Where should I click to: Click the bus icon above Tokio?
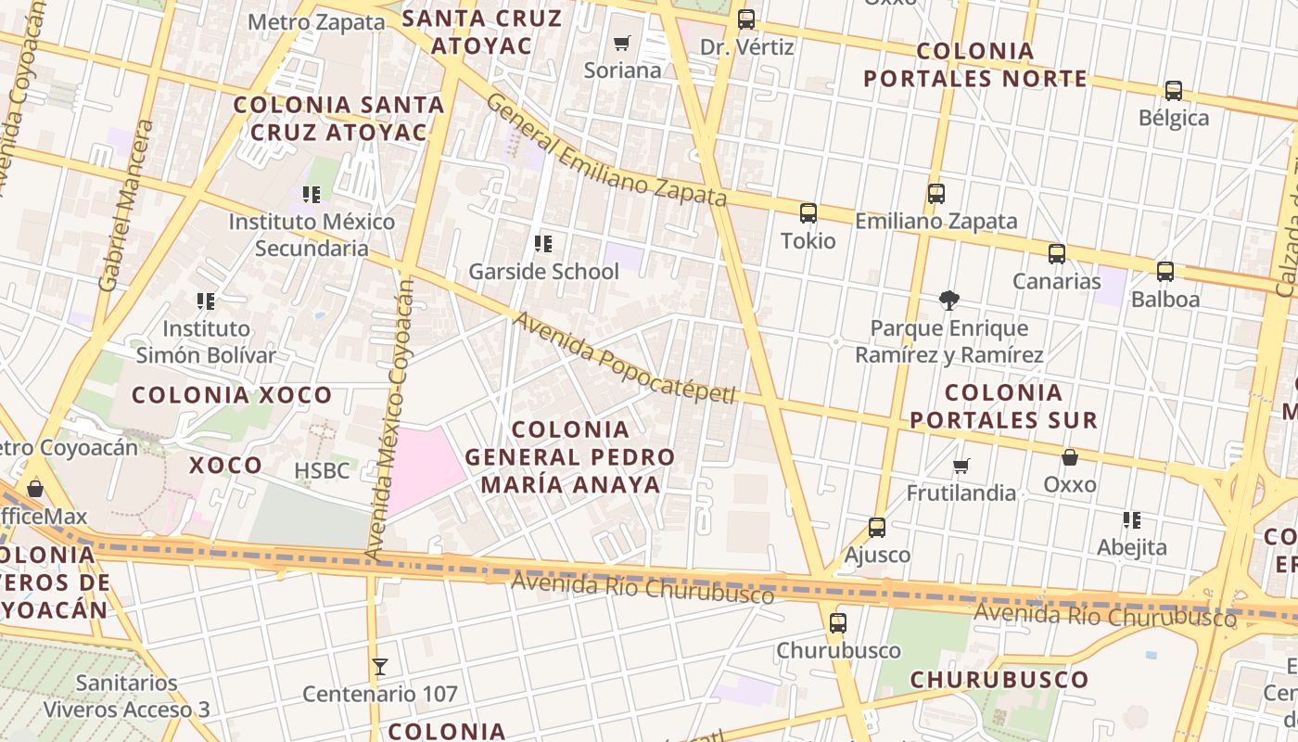[x=808, y=213]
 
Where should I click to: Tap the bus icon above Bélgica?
[x=1174, y=91]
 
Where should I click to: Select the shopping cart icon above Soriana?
[x=622, y=43]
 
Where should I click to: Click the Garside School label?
[x=543, y=272]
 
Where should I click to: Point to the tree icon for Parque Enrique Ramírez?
[x=948, y=300]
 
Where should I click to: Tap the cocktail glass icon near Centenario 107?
[x=379, y=666]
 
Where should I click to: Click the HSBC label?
[x=322, y=470]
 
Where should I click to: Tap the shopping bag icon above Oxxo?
[x=1069, y=457]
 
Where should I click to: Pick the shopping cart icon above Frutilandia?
[x=961, y=465]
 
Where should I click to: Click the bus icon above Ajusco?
[x=877, y=528]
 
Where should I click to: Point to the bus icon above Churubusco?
[x=838, y=622]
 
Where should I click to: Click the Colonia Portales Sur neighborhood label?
[x=1003, y=405]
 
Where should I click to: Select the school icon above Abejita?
[x=1131, y=519]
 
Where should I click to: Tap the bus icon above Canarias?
[x=1057, y=253]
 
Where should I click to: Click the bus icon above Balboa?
[x=1165, y=272]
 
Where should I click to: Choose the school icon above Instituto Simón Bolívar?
[x=206, y=301]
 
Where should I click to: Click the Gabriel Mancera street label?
[x=127, y=205]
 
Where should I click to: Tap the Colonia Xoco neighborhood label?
[x=232, y=395]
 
